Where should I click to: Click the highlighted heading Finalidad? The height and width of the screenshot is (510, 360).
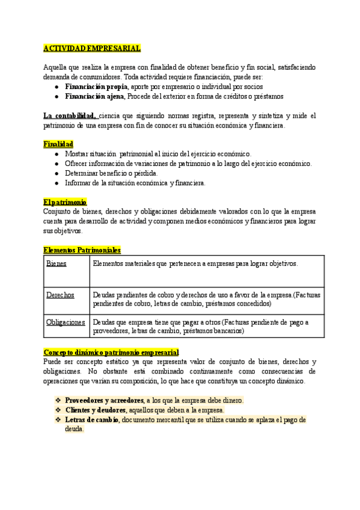click(58, 144)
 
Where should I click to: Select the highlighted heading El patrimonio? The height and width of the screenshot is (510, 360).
click(65, 202)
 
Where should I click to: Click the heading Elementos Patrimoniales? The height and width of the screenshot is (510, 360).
click(82, 249)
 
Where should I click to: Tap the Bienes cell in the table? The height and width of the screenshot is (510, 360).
click(56, 263)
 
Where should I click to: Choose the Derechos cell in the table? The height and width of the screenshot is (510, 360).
click(60, 295)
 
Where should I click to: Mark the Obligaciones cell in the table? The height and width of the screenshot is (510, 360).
click(66, 322)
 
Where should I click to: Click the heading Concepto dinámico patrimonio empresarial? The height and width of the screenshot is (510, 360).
click(111, 351)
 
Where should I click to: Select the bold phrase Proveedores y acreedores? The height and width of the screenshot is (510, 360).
click(104, 400)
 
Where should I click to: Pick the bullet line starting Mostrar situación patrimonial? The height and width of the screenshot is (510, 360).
click(158, 154)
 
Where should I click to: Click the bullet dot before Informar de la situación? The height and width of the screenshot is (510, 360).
click(56, 183)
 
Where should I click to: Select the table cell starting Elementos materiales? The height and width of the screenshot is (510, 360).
click(195, 263)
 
